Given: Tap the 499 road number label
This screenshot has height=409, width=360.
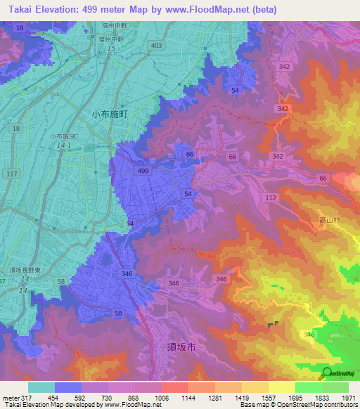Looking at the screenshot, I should [143, 171].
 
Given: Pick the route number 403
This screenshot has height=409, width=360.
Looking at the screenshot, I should [155, 45].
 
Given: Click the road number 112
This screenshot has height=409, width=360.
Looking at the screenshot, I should [271, 198].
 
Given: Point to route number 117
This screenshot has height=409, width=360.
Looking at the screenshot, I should [11, 174].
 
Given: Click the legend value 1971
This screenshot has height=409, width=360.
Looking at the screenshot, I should [349, 398].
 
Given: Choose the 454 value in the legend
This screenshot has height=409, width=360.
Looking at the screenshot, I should [52, 398].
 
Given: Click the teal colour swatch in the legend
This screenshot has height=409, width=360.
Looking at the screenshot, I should [41, 387].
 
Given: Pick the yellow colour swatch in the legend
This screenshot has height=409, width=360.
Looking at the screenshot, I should [281, 387].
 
